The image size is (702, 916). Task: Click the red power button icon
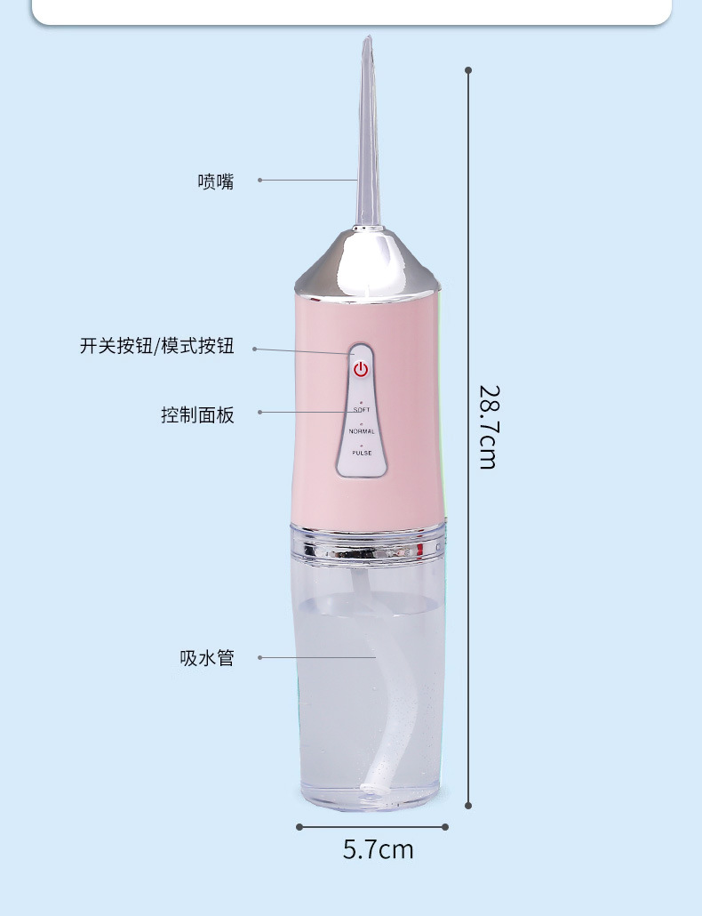(360, 369)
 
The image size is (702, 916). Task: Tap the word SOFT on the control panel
(362, 409)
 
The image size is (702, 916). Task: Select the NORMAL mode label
(362, 431)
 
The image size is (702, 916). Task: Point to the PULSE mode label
(362, 453)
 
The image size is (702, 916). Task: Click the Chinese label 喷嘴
(216, 181)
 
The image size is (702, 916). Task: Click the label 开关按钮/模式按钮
(157, 346)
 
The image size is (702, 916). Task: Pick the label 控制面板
(198, 414)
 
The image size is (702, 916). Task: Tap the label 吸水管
(207, 658)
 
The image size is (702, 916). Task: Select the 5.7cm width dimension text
(379, 849)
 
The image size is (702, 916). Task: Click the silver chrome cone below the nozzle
(367, 262)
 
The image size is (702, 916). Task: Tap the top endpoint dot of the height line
(468, 69)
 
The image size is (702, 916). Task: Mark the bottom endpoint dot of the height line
(468, 806)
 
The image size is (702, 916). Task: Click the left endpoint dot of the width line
(299, 826)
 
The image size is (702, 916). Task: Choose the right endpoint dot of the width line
(445, 826)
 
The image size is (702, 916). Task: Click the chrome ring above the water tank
(368, 542)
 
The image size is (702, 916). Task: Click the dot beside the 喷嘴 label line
(259, 180)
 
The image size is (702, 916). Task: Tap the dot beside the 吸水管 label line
(259, 658)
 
